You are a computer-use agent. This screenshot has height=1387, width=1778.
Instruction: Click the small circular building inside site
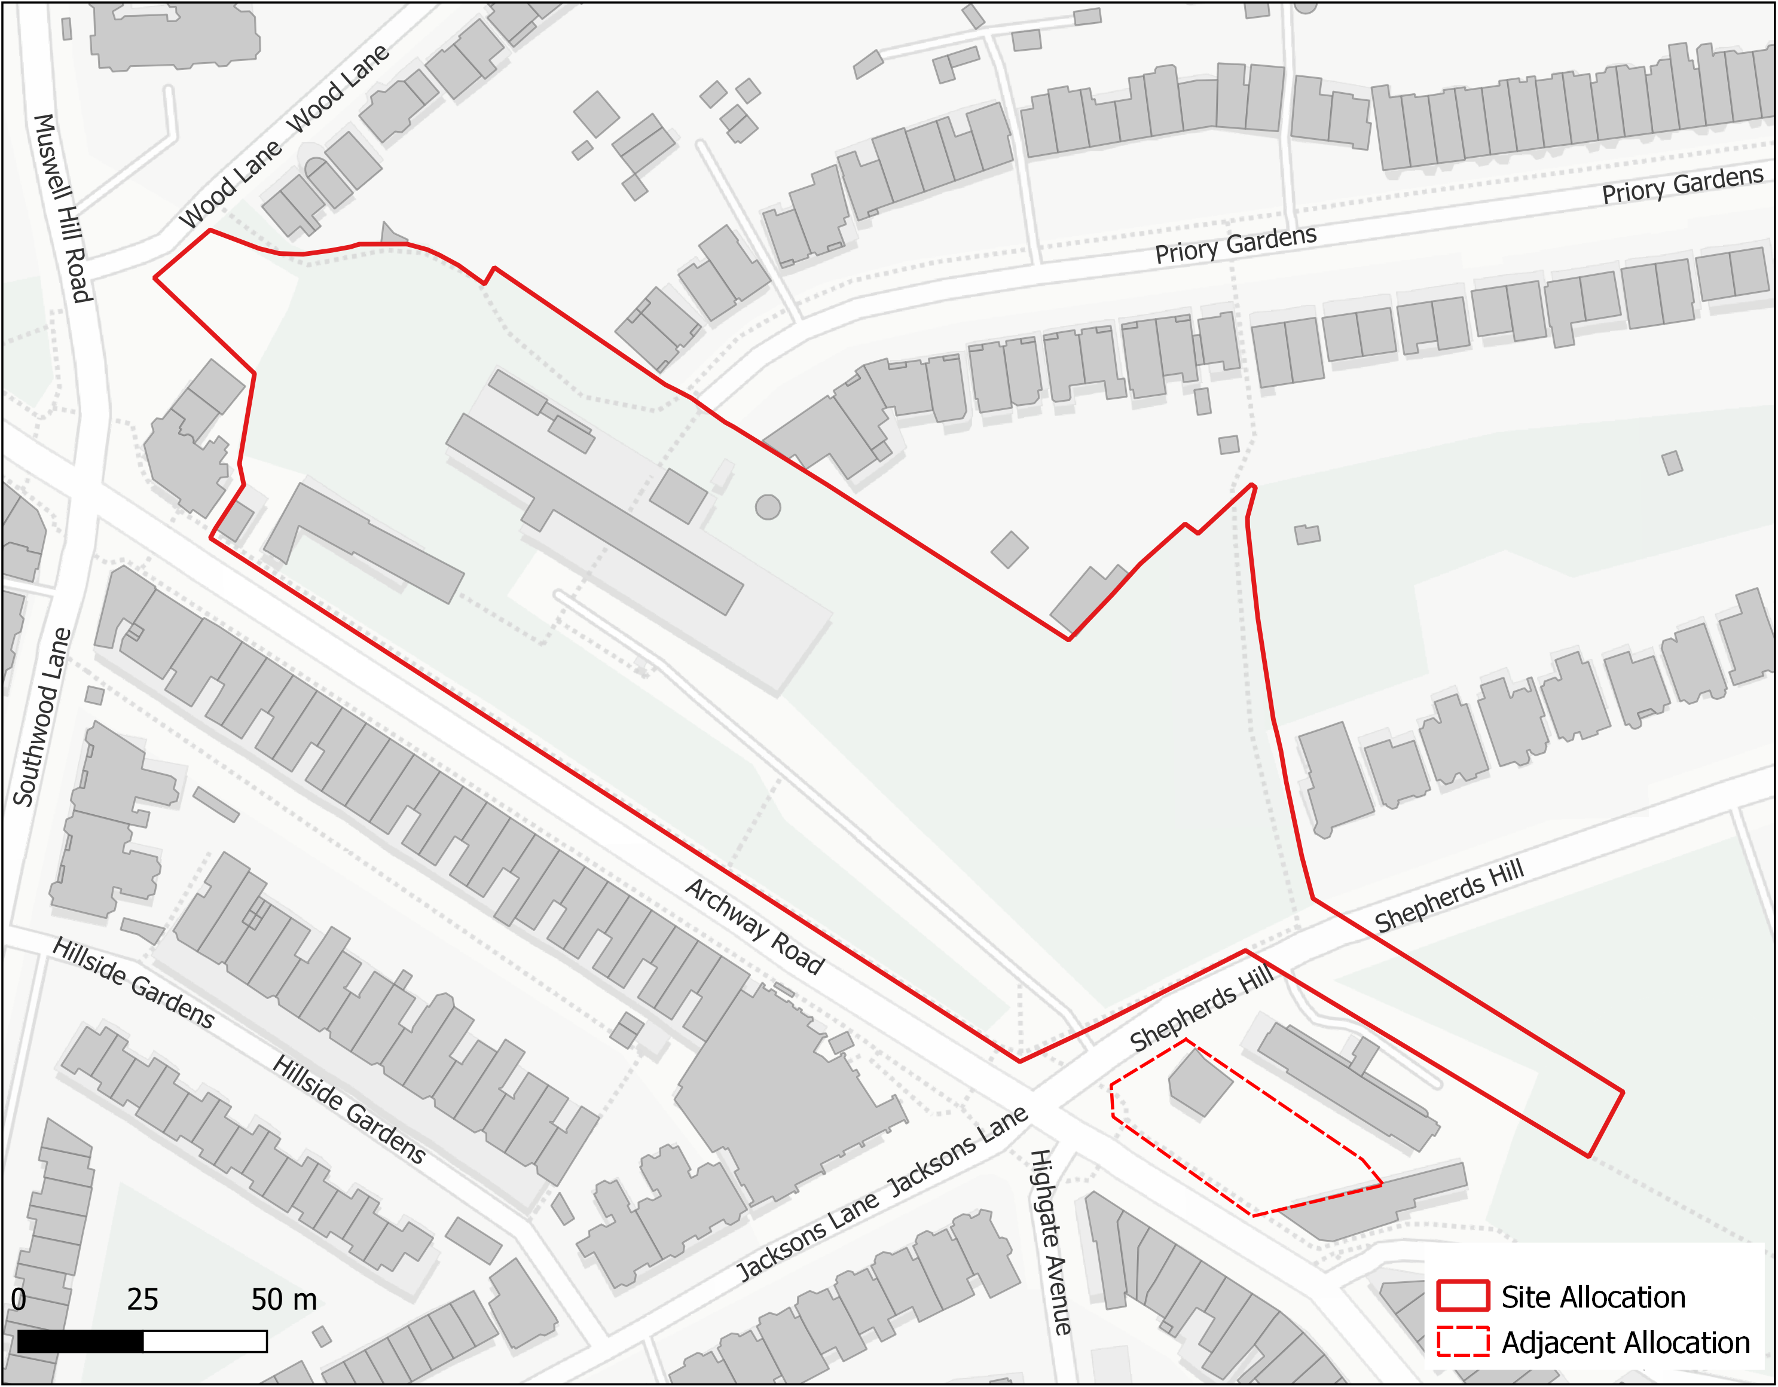768,507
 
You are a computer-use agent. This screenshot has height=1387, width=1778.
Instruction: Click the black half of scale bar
80,1342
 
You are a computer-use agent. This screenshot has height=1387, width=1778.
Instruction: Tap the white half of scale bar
205,1342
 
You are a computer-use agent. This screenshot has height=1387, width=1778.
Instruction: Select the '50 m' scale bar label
283,1300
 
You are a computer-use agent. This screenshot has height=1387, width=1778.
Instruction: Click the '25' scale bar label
142,1300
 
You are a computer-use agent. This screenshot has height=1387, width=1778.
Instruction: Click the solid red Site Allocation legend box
1462,1296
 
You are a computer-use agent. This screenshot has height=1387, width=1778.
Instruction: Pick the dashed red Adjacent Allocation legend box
1462,1342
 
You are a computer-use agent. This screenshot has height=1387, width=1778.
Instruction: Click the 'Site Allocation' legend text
1593,1297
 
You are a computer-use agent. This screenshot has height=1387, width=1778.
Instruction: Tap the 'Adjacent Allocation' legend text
1625,1342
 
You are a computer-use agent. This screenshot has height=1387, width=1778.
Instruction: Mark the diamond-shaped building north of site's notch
1010,549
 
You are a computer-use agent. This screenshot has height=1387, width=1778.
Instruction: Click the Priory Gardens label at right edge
1682,185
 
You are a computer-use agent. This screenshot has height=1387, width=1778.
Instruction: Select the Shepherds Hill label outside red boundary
1449,896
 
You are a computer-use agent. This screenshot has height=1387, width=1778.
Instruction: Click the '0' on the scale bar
19,1300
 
